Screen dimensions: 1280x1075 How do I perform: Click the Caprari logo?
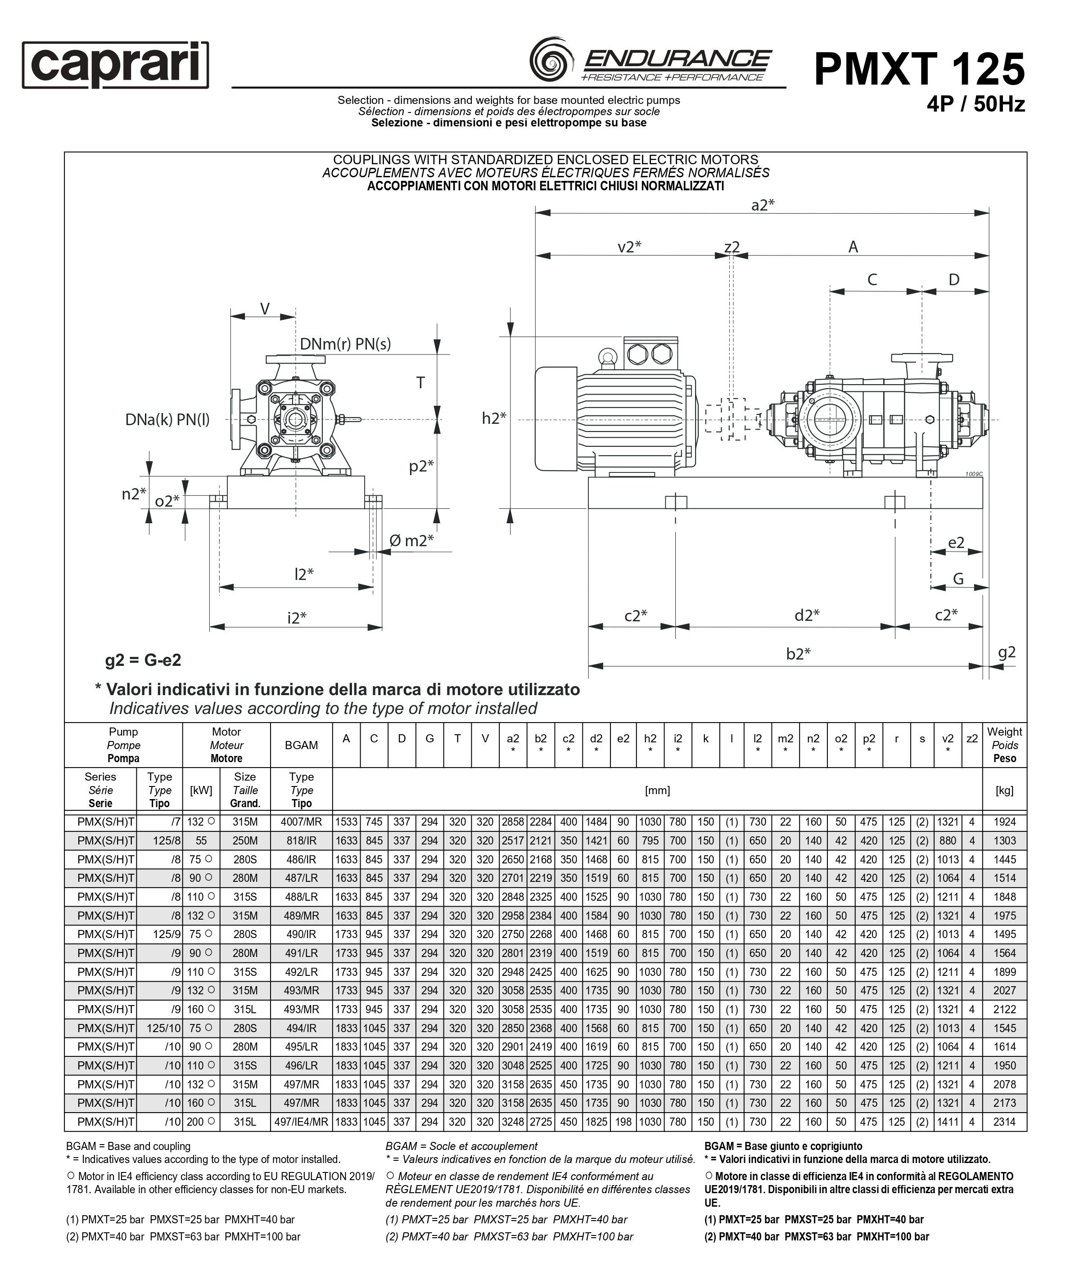pos(115,65)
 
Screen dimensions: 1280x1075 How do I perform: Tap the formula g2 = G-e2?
pos(143,660)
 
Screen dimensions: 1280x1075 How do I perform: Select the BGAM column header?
pos(301,745)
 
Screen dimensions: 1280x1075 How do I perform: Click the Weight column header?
pos(1004,745)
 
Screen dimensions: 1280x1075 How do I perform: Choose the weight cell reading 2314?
pos(1004,1122)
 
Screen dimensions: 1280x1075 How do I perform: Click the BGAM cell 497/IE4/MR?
pos(301,1122)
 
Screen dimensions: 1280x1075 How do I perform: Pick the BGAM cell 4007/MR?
pos(301,822)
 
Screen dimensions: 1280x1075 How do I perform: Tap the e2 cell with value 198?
pos(623,1122)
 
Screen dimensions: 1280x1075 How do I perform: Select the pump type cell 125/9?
pos(163,934)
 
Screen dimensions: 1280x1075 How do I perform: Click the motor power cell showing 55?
pos(201,840)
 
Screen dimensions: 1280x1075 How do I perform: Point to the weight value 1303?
pos(1004,840)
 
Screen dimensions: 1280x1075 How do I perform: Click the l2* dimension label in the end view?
pos(304,574)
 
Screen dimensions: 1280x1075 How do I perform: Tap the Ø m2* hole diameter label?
pos(411,540)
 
